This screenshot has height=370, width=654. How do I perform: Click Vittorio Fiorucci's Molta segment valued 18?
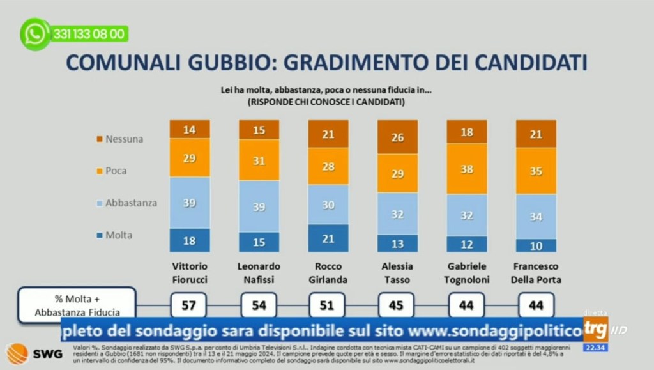[x=189, y=240]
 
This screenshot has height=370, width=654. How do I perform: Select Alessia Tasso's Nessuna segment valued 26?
[x=397, y=137]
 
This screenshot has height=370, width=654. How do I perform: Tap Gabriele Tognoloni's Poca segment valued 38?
[x=467, y=169]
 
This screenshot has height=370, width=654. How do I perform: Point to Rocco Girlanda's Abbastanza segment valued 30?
[x=328, y=204]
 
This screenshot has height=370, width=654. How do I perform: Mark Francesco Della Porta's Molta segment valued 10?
[x=536, y=245]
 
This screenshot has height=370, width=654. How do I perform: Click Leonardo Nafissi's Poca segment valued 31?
[x=259, y=161]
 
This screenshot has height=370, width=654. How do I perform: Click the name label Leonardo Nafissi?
[x=259, y=272]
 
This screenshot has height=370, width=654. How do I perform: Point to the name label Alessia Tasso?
[x=397, y=272]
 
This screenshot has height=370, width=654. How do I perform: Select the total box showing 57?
[x=189, y=305]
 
